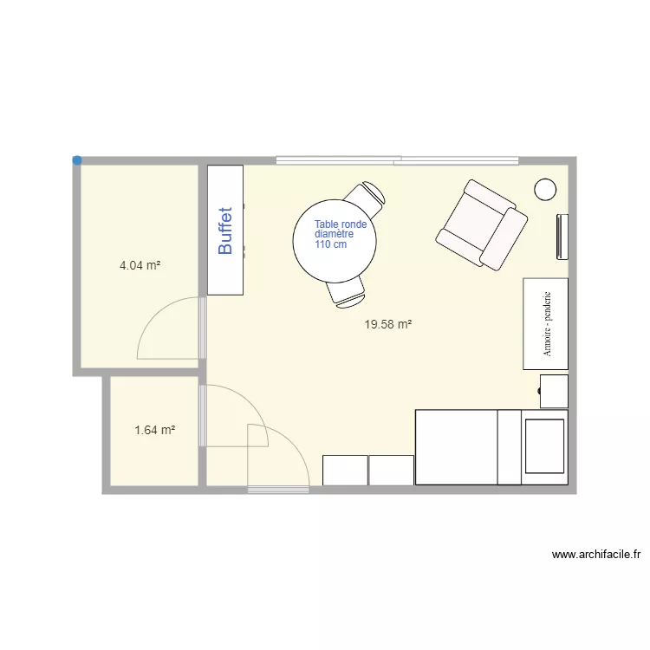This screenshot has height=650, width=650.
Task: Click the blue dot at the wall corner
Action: [x=77, y=160]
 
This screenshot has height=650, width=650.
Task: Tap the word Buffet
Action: [x=225, y=230]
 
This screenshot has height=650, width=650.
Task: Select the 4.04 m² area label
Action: [x=140, y=266]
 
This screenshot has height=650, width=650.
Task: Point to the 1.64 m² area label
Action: [x=155, y=429]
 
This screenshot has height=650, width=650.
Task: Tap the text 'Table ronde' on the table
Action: [x=341, y=224]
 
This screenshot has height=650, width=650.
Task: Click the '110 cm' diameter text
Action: [x=330, y=244]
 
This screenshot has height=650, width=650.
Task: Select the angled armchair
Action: [x=482, y=224]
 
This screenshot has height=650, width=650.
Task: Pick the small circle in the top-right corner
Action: [x=545, y=189]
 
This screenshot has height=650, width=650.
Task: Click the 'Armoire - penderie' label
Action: [x=547, y=323]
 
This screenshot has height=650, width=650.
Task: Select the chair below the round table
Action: [x=347, y=294]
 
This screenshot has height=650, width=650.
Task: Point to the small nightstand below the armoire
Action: [x=554, y=391]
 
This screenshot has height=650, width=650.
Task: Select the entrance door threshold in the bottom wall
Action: [x=278, y=491]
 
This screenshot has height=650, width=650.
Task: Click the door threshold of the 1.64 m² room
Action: [x=203, y=416]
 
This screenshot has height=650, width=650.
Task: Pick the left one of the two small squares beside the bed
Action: [x=345, y=470]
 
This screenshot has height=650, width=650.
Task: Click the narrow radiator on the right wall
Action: [x=562, y=236]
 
